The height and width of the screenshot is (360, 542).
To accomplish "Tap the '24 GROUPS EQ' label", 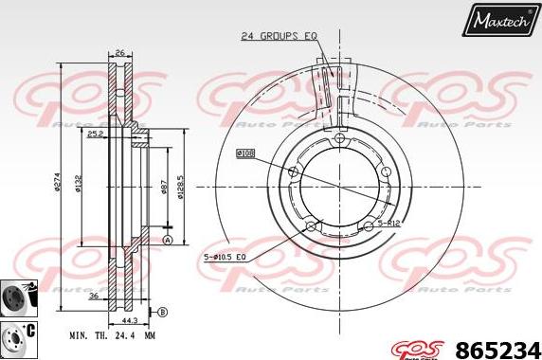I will click(279, 36).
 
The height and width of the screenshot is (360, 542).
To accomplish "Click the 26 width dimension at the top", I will click(119, 52).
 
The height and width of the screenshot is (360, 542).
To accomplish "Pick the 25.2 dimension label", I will click(120, 135).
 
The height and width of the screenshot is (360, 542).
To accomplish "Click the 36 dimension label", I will click(95, 296).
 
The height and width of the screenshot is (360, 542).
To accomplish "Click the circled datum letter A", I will click(168, 241).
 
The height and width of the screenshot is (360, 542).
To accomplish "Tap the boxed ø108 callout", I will click(245, 152).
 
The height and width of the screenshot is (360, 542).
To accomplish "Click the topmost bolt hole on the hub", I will click(338, 138).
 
